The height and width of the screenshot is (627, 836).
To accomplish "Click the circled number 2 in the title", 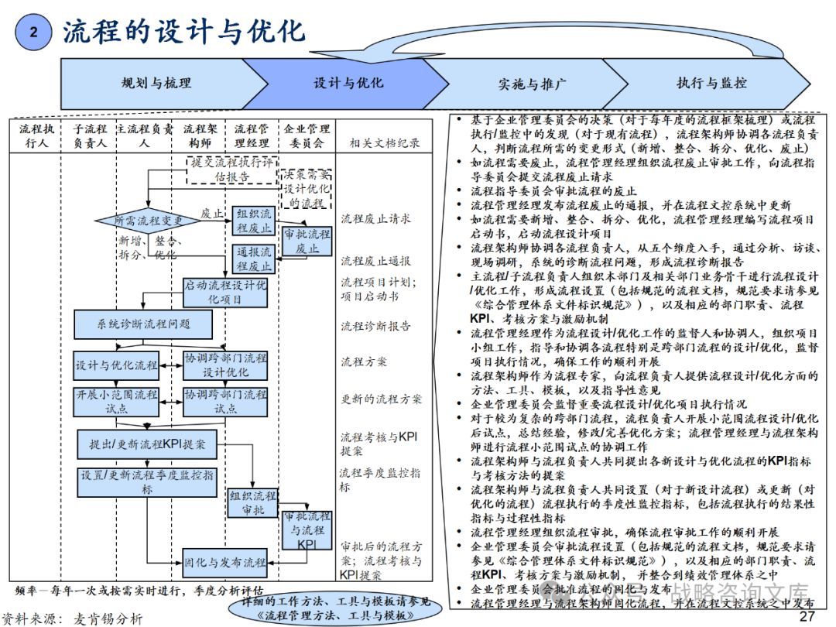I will (33, 32).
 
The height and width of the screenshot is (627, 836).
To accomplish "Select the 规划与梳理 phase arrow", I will (156, 83).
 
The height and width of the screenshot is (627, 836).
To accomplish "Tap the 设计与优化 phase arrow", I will (348, 83).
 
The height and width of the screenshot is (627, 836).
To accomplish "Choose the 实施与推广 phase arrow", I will (532, 84).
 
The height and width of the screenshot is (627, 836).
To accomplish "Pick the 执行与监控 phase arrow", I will (711, 83).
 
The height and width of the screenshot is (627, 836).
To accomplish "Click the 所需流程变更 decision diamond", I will (149, 221).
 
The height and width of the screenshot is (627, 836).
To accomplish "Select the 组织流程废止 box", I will (254, 221).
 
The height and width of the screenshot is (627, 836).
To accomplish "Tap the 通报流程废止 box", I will (254, 259).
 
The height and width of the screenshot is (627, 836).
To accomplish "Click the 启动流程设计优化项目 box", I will (224, 292).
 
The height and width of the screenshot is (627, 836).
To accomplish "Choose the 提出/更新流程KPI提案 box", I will (147, 444).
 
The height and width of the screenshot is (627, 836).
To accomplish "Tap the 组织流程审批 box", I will (252, 502).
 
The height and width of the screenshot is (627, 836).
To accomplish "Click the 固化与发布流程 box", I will (224, 560).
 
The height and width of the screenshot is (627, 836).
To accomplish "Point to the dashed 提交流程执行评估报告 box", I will (231, 170).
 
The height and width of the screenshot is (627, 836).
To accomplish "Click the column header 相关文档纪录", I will (385, 142).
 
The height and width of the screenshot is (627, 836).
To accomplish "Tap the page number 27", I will (807, 616).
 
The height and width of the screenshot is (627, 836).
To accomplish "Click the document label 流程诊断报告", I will (376, 326).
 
